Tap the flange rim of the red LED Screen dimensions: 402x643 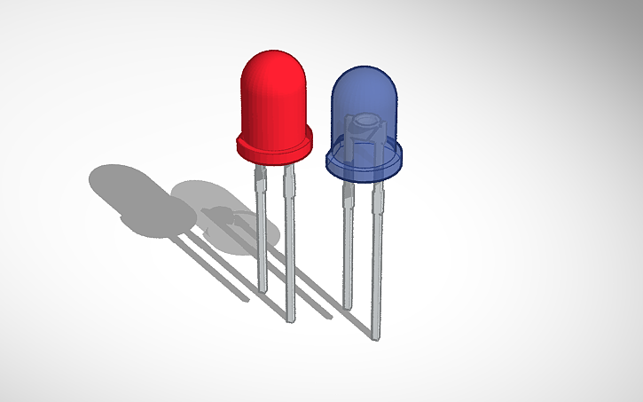coord(274,150)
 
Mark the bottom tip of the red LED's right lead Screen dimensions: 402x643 coord(290,317)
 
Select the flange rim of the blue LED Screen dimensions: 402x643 coord(365,169)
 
